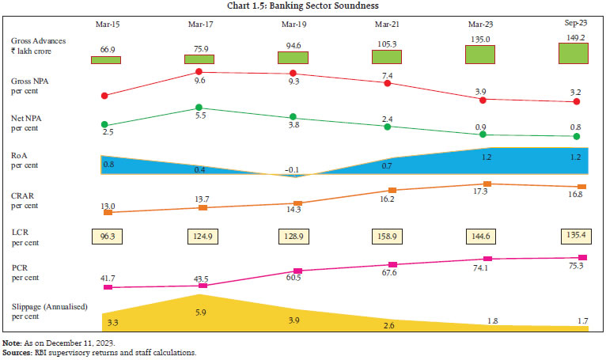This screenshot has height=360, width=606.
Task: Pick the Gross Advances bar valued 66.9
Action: tap(105, 59)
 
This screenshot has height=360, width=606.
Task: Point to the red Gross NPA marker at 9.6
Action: tap(199, 73)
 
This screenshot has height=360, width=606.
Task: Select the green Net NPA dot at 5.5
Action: tap(199, 108)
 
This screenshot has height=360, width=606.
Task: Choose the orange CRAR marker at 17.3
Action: tap(487, 184)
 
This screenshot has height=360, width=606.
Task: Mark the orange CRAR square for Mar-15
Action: tap(108, 212)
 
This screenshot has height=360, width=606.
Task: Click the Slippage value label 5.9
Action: tap(199, 312)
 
